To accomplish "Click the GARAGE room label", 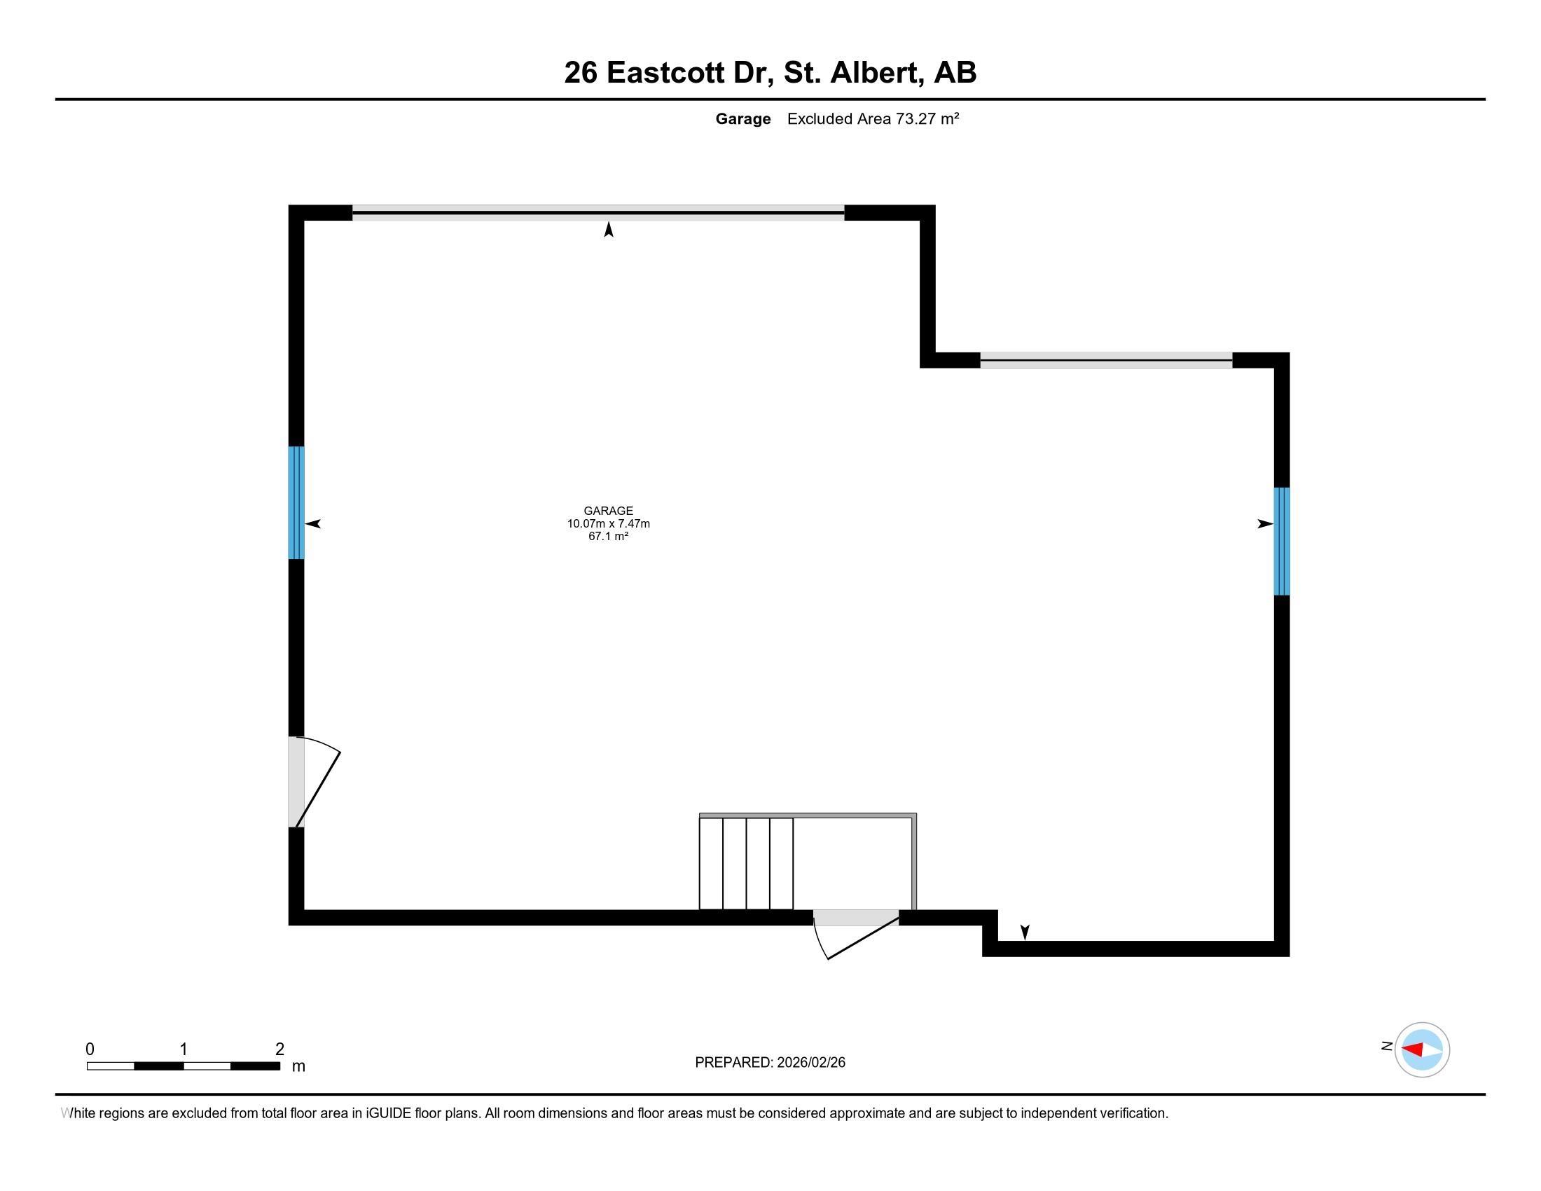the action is pos(608,511).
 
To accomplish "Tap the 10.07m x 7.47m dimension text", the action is pos(608,523).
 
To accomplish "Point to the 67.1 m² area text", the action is pos(608,536).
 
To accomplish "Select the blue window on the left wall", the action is pos(296,502).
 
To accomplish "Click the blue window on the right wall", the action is pos(1282,541).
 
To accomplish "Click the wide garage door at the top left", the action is pos(598,212).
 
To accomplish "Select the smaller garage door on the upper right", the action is pos(1106,360).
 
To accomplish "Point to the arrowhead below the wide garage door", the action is pos(608,229).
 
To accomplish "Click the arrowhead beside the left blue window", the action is pos(312,523).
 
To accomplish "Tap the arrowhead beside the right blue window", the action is pos(1265,523).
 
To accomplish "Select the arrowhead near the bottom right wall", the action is pos(1025,932).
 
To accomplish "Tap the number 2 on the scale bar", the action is pos(280,1049).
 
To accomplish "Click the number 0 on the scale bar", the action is pos(90,1049).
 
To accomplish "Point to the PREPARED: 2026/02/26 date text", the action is pos(770,1062).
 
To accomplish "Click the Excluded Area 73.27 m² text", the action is pos(873,118).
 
